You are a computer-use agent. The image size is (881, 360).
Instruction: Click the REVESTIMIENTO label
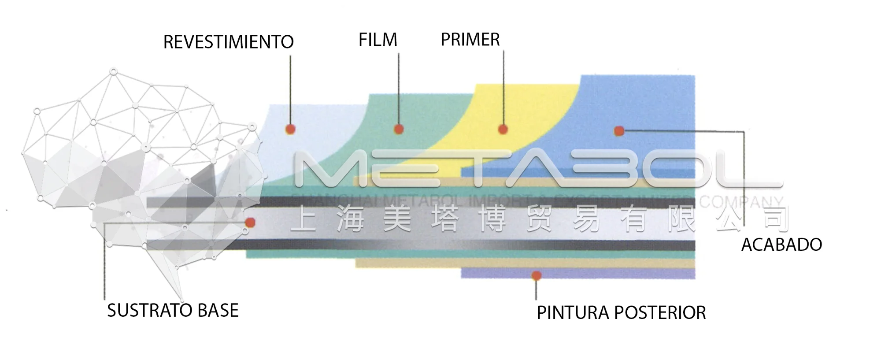(228, 42)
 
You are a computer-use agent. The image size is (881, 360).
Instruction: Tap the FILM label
(378, 40)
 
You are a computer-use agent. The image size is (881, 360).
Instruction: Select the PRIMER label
(470, 40)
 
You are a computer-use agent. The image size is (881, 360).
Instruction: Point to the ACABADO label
(781, 245)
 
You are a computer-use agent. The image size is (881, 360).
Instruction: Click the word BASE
(218, 311)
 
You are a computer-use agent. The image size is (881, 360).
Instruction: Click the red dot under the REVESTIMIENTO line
(290, 130)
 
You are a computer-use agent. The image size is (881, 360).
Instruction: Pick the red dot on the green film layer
(399, 129)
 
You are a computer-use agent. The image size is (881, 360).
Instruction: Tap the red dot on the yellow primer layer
(503, 130)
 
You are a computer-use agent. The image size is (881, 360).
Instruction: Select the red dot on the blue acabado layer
(619, 131)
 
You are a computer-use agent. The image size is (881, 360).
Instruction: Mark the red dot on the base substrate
(250, 223)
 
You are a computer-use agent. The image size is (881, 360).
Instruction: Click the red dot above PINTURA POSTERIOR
(536, 276)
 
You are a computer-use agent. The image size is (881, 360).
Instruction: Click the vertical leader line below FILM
(399, 88)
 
